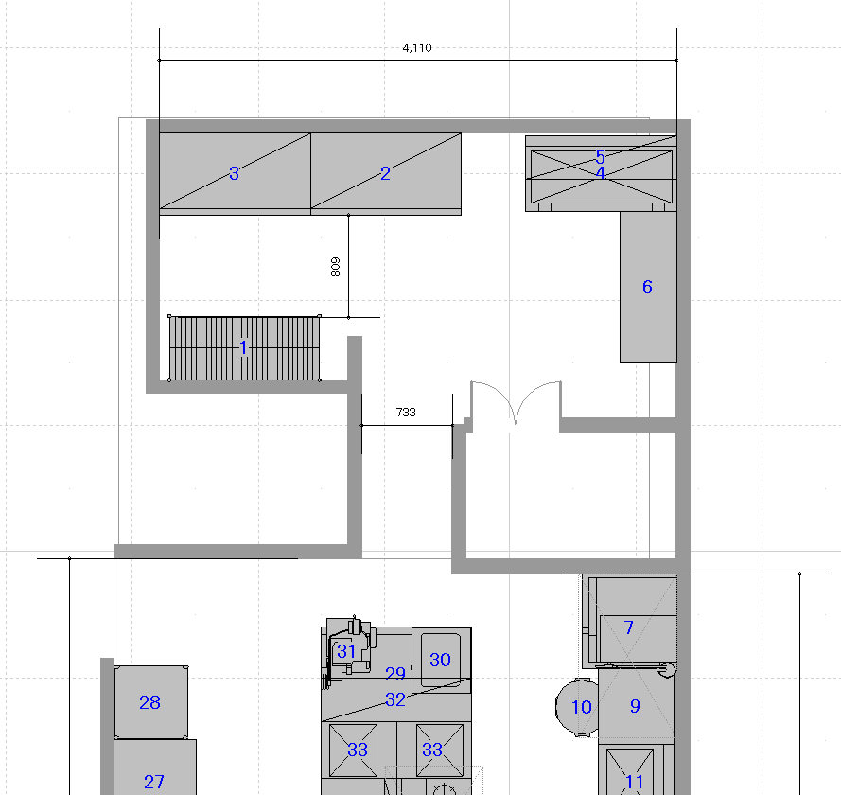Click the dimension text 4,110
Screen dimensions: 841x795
pos(417,47)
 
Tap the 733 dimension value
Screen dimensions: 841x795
pos(406,412)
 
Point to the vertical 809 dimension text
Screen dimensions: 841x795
pos(336,267)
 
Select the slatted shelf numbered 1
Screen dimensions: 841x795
pos(245,348)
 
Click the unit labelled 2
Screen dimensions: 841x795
pos(386,174)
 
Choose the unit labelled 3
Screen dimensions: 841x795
pos(235,174)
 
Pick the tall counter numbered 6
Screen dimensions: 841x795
pos(648,287)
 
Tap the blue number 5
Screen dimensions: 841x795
pos(600,157)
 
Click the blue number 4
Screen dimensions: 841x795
pos(600,173)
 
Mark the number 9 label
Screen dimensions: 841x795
pos(635,706)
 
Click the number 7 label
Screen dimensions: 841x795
pos(628,627)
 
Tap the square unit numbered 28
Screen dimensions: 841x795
pos(150,702)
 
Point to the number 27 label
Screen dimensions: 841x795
pos(154,782)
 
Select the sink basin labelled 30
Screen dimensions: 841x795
pos(440,660)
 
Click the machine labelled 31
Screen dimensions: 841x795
pos(347,651)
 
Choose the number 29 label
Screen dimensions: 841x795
pos(395,674)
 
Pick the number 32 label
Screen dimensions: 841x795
pos(395,699)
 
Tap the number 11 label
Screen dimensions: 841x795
pos(634,782)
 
